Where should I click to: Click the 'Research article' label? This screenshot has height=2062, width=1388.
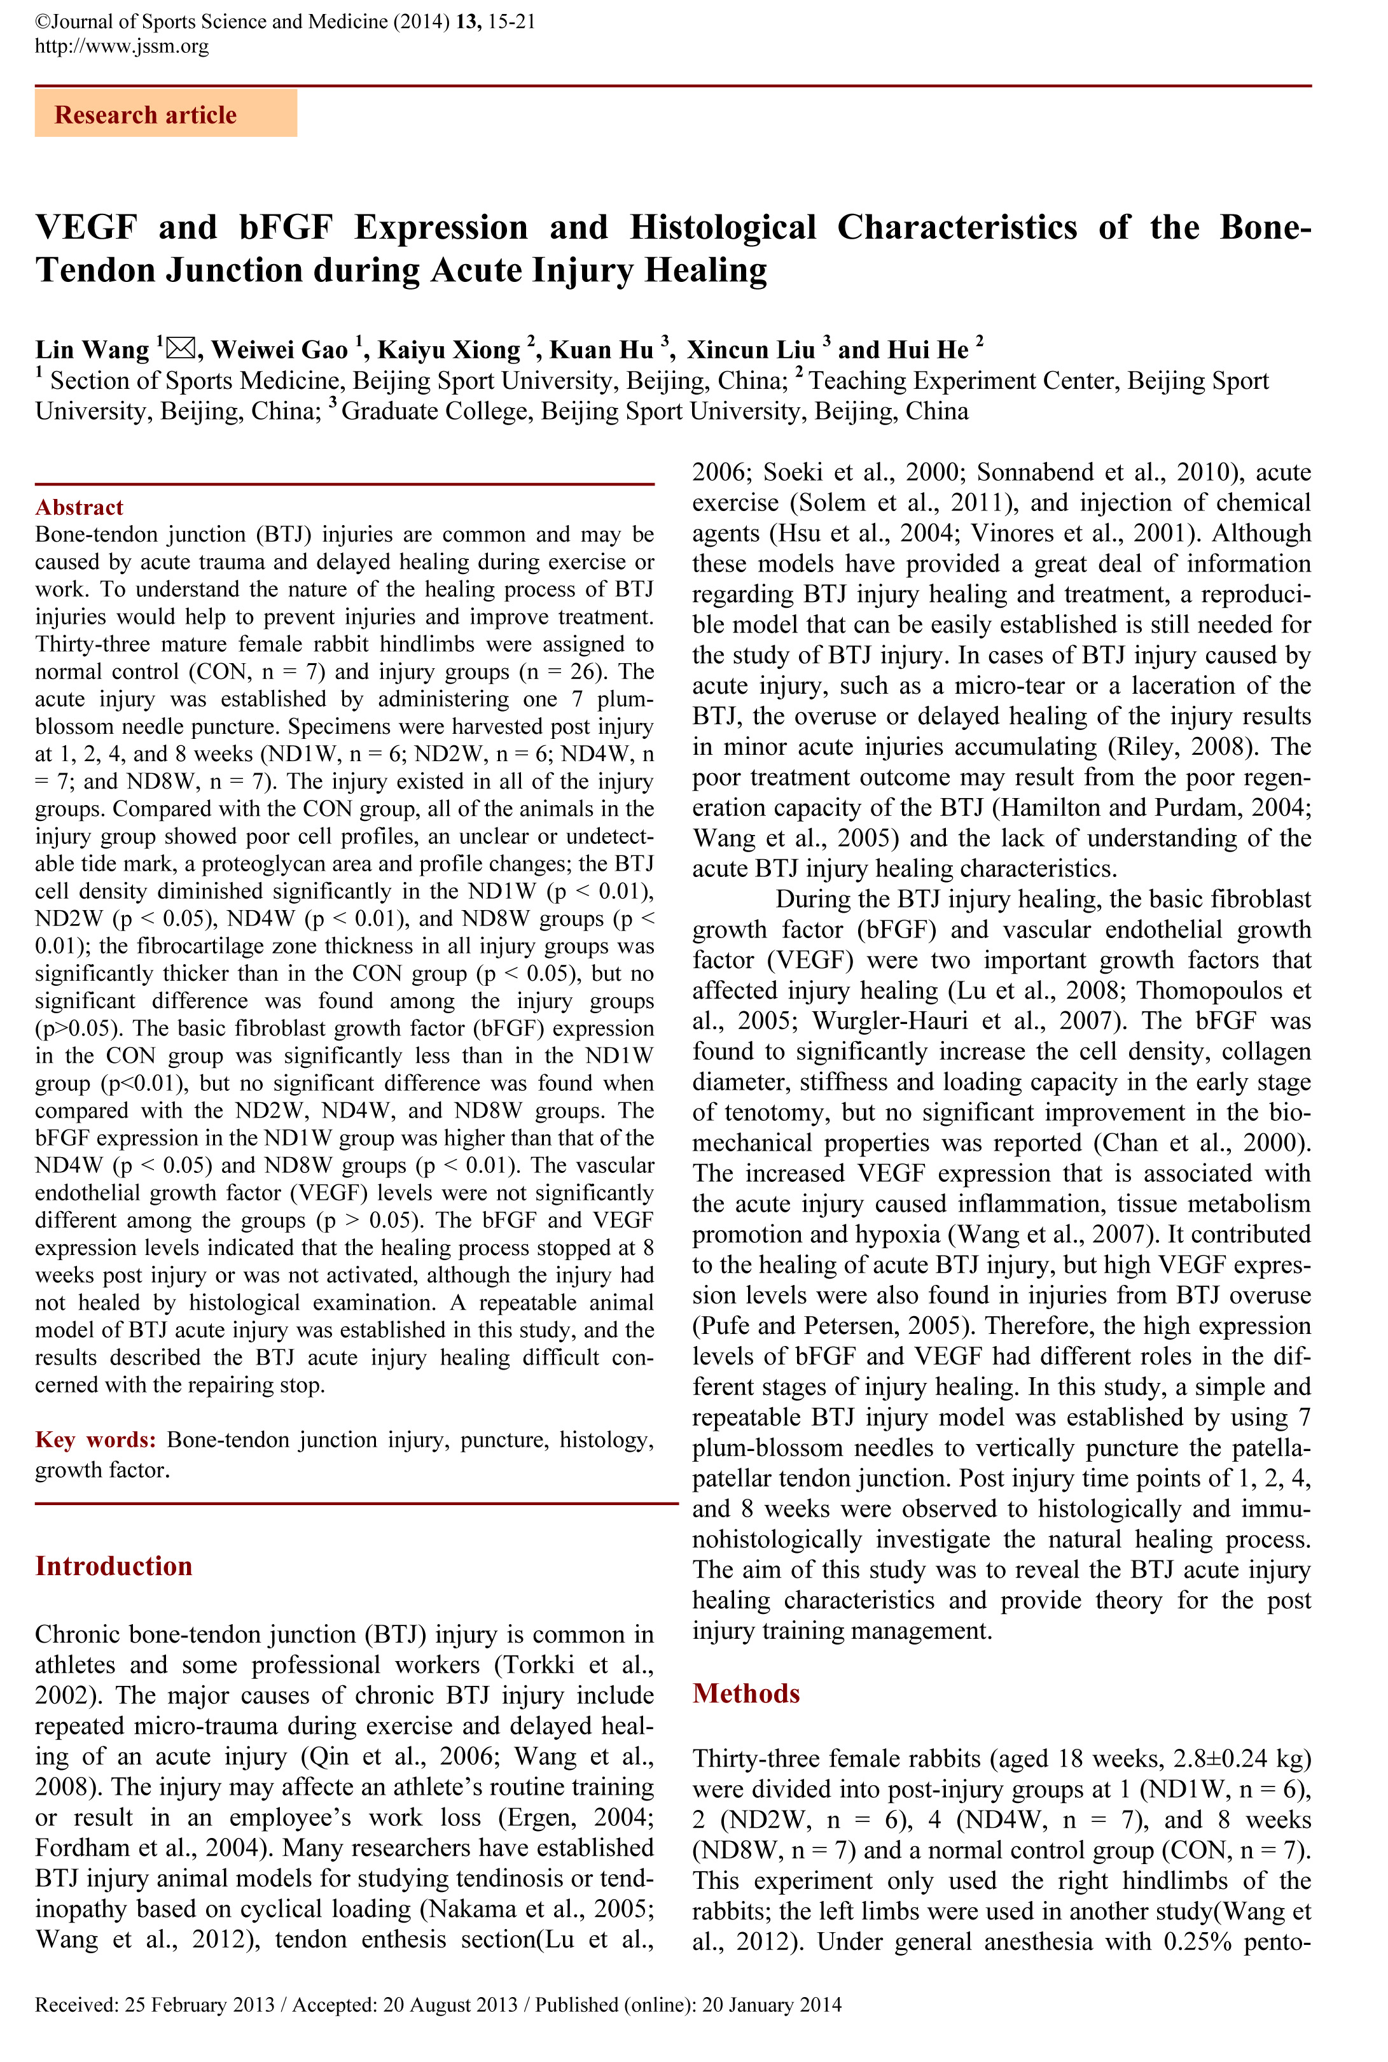pos(146,115)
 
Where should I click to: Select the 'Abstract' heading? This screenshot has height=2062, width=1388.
pos(79,507)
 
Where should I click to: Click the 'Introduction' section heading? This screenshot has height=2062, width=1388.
pos(113,1566)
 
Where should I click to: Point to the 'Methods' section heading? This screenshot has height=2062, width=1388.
pos(746,1693)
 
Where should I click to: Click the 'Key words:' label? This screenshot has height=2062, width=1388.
pos(95,1440)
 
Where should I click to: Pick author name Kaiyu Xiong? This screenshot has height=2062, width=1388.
pos(449,351)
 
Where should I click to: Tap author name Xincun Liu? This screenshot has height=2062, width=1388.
pos(751,351)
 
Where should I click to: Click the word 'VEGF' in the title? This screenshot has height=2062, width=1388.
pos(86,228)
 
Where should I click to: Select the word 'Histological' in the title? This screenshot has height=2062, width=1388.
pos(723,228)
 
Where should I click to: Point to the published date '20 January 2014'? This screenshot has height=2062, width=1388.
pos(772,2005)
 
